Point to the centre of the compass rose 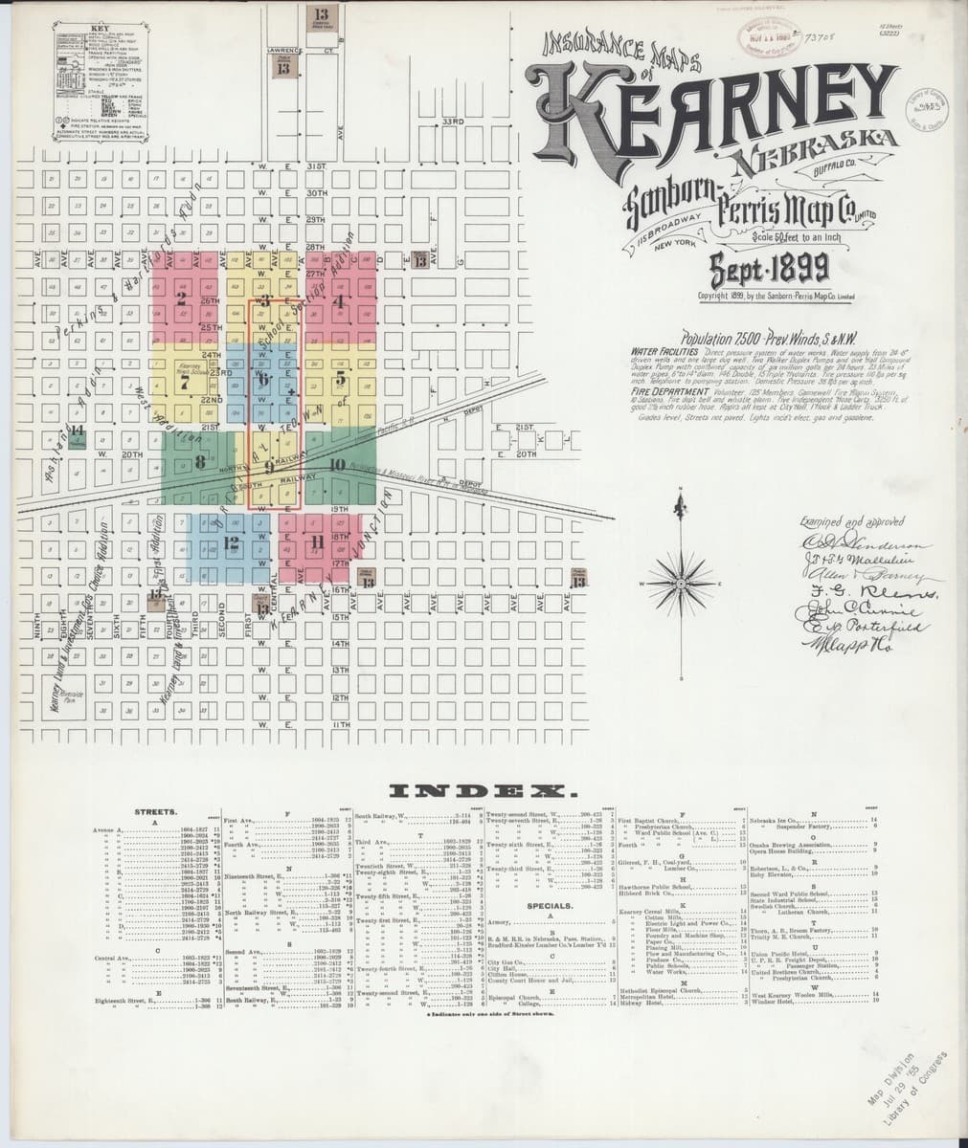[680, 582]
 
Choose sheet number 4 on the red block [337, 298]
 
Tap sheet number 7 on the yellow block [184, 383]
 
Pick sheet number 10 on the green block [336, 465]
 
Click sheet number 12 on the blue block [230, 542]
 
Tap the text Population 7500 [728, 340]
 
